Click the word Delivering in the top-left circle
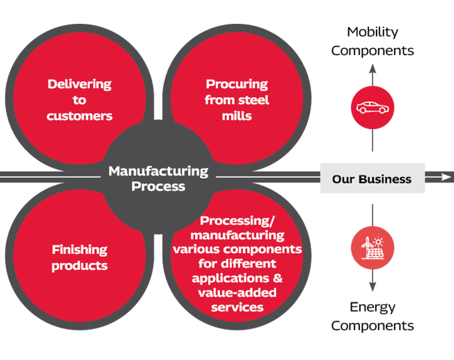pyautogui.click(x=79, y=85)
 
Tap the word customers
pyautogui.click(x=79, y=116)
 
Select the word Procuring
pyautogui.click(x=236, y=85)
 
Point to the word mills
pyautogui.click(x=236, y=116)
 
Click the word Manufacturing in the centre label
pyautogui.click(x=158, y=171)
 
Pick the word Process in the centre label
pyautogui.click(x=158, y=186)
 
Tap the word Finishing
pyautogui.click(x=79, y=250)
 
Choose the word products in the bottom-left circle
pyautogui.click(x=79, y=265)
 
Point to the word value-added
pyautogui.click(x=236, y=292)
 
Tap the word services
pyautogui.click(x=236, y=307)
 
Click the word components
pyautogui.click(x=267, y=249)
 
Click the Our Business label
pyautogui.click(x=372, y=179)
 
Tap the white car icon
pyautogui.click(x=372, y=107)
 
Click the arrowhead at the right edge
pyautogui.click(x=447, y=177)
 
